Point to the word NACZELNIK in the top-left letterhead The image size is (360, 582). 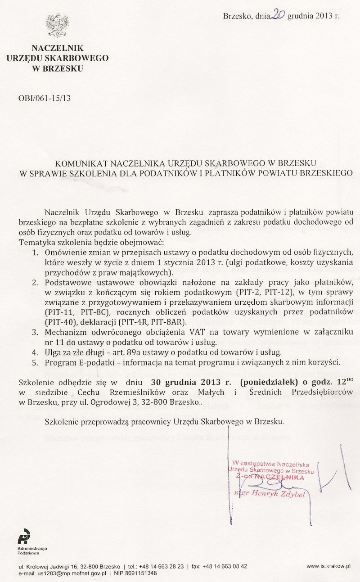pyautogui.click(x=58, y=48)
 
